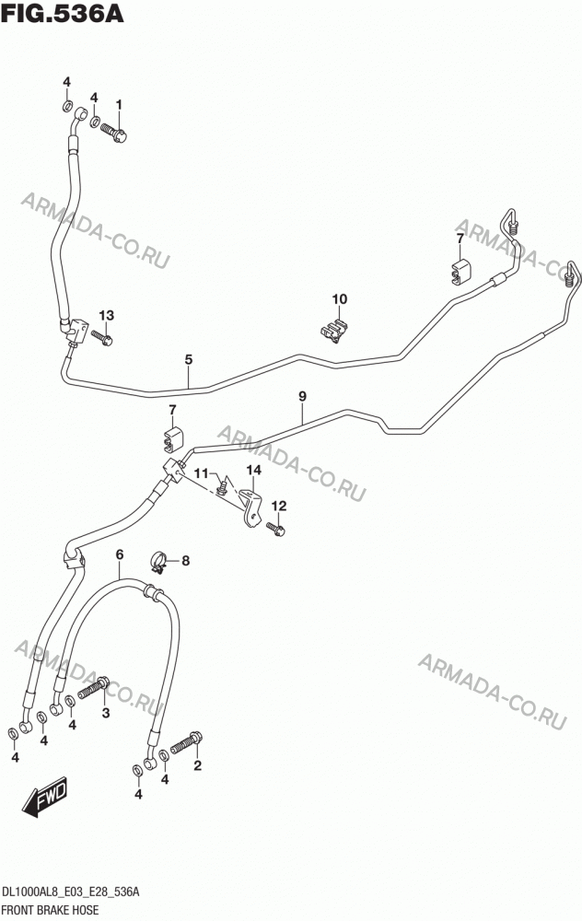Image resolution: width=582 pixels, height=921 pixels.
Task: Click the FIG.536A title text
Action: pos(63,13)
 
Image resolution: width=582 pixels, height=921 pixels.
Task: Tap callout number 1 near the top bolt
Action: pos(119,105)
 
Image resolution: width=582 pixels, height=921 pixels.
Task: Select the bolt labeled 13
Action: pos(101,338)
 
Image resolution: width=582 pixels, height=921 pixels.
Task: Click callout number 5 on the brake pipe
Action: pos(189,359)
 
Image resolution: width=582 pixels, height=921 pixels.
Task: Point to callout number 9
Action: pos(302,396)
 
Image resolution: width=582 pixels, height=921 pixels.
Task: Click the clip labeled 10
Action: pos(332,330)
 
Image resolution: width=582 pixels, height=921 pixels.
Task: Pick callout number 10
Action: pos(340,299)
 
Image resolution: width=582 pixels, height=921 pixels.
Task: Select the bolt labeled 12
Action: pos(275,530)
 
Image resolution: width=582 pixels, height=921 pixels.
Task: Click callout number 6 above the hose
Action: pos(120,554)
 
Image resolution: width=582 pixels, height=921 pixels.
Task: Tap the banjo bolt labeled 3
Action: pos(93,688)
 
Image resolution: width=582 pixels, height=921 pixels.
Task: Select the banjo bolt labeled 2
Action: pos(187,743)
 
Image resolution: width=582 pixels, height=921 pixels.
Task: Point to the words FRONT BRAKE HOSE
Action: pos(51,911)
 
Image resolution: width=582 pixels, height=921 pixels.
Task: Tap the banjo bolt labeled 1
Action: pos(114,132)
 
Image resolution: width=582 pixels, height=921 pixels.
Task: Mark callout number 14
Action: pos(254,470)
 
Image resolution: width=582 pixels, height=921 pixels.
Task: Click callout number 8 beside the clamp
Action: pos(186,561)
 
